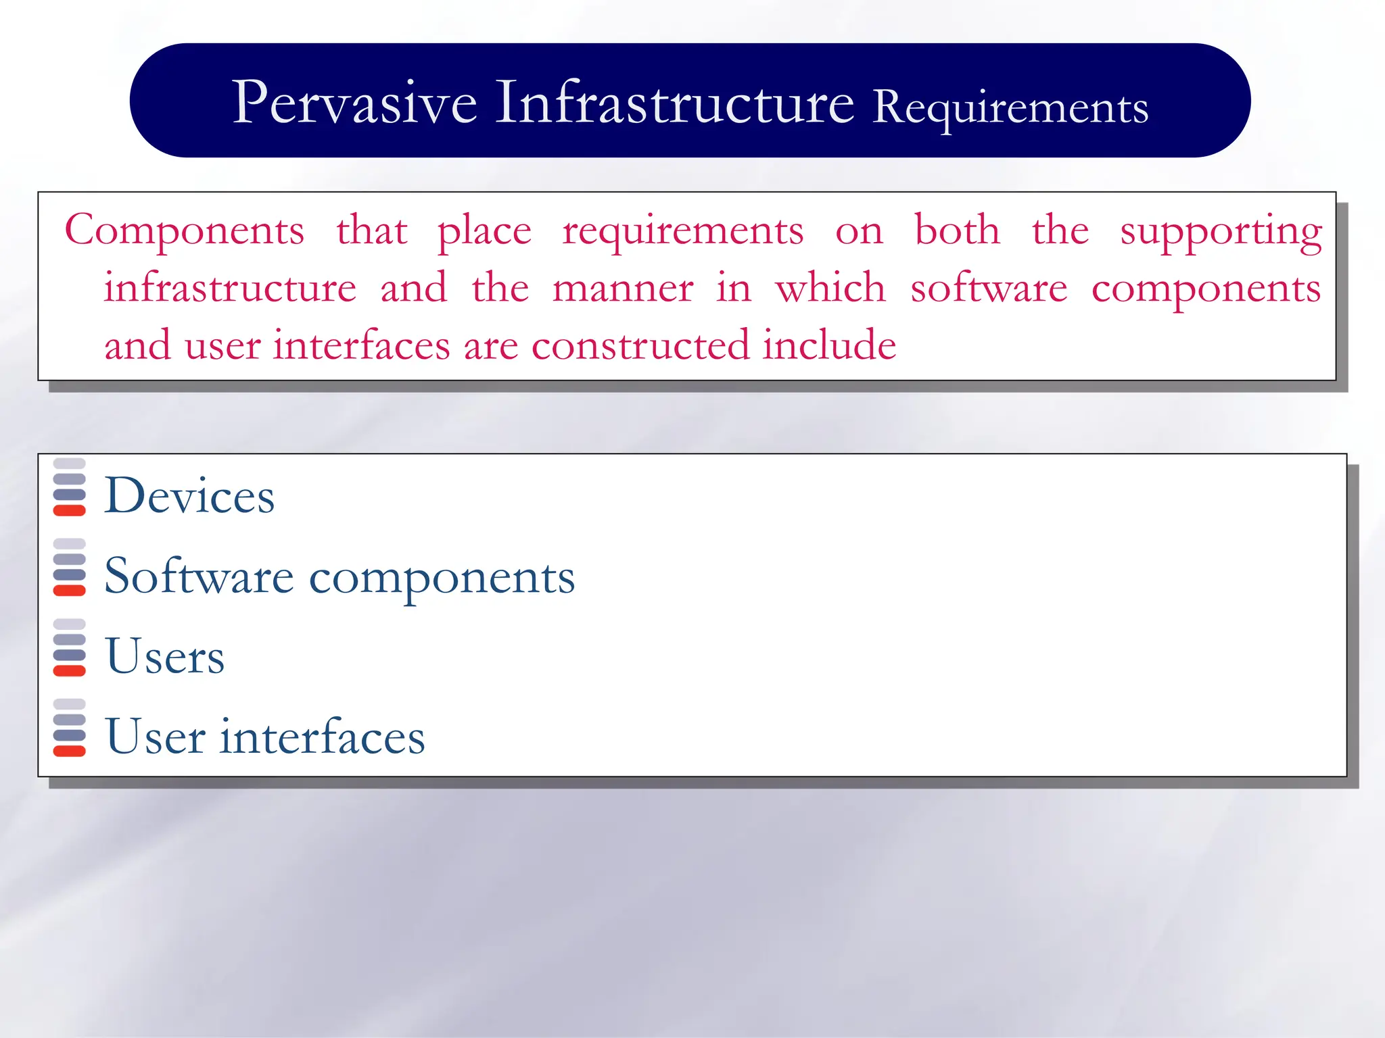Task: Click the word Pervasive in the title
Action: (354, 103)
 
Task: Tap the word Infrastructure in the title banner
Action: (674, 103)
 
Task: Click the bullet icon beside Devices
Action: (69, 487)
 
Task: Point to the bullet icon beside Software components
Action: (69, 568)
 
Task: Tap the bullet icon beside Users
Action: (69, 647)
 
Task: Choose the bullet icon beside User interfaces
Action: (69, 728)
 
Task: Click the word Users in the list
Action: (165, 656)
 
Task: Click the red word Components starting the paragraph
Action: (184, 231)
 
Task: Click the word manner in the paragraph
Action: (622, 289)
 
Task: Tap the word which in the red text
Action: (830, 288)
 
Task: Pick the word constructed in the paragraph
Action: (640, 346)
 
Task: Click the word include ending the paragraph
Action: (829, 345)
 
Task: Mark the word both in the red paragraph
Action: (956, 230)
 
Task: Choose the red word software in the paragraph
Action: (988, 289)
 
